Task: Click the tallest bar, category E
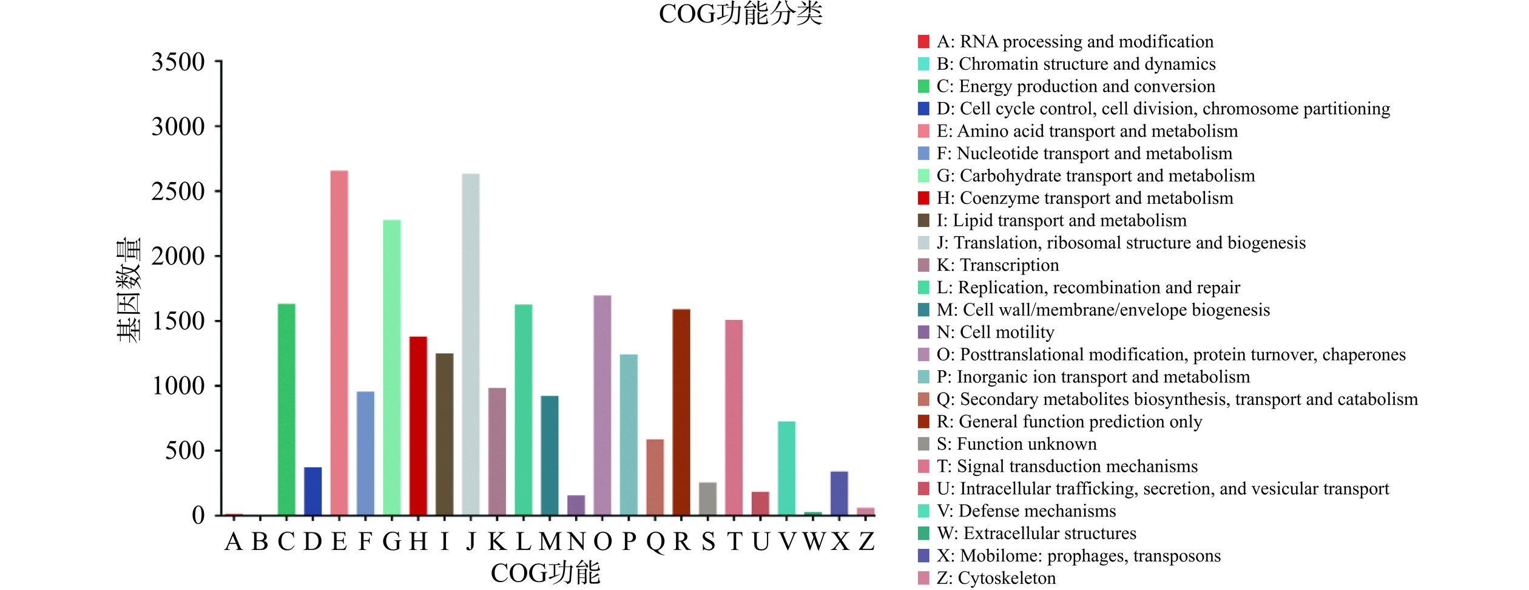coord(339,343)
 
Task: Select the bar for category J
coord(471,344)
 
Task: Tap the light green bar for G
coord(392,367)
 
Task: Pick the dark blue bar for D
coord(313,491)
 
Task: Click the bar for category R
coord(681,412)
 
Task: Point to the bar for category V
coord(786,468)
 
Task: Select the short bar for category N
coord(576,505)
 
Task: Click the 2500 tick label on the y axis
coord(178,192)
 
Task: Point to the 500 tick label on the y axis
coord(185,451)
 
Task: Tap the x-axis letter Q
coord(655,541)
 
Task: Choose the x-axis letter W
coord(813,541)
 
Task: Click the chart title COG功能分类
coord(740,14)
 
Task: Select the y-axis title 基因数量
coord(129,290)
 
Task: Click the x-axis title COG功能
coord(545,573)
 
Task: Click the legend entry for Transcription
coord(997,265)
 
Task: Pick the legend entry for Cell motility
coord(995,333)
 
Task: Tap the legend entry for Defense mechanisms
coord(1026,511)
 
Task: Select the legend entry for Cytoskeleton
coord(996,578)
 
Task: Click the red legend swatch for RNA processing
coord(923,42)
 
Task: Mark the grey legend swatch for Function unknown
coord(923,444)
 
